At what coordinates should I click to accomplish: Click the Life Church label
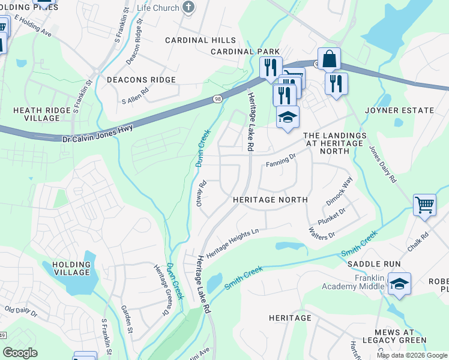158,8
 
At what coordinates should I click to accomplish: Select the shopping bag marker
329,59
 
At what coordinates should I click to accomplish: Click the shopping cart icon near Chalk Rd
424,205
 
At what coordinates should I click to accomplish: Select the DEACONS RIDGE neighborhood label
141,80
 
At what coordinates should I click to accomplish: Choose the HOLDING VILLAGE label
71,268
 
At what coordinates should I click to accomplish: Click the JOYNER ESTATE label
399,110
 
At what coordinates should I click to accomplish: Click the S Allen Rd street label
135,95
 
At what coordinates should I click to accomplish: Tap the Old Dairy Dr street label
21,312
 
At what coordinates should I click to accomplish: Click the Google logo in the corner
20,353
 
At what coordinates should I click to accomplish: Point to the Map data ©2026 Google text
411,355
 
